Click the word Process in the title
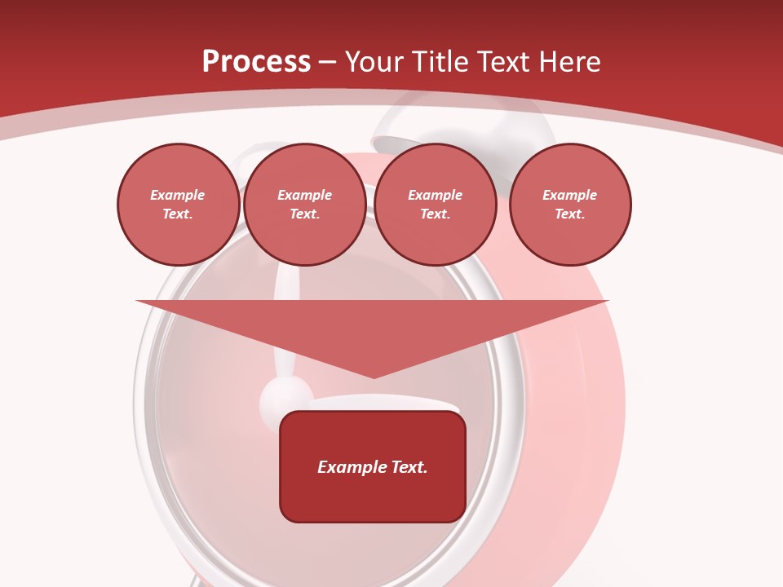256,62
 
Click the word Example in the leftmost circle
178,195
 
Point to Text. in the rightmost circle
570,214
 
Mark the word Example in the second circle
305,195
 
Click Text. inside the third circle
436,214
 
